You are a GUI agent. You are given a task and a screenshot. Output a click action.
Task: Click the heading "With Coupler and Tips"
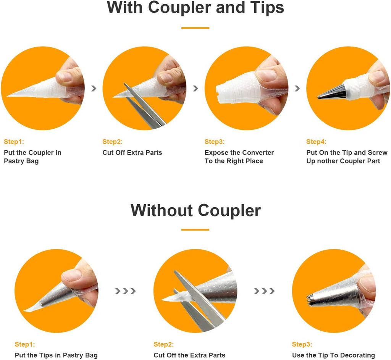195,8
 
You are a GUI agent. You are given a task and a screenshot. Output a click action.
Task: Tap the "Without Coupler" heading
195,210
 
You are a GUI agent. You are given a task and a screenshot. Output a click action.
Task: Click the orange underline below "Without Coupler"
195,229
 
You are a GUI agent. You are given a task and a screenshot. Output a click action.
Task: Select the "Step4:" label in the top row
316,142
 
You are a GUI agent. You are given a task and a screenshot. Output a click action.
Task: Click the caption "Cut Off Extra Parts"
132,153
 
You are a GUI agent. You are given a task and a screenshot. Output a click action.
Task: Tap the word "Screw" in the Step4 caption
378,153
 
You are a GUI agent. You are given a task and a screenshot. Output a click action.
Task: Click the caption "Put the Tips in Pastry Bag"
56,355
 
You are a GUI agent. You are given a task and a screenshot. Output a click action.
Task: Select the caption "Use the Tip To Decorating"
333,355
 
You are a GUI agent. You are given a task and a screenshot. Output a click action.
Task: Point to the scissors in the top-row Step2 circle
145,107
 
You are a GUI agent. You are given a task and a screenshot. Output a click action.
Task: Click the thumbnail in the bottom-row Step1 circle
71,276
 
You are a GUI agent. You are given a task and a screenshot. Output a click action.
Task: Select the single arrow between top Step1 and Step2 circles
94,88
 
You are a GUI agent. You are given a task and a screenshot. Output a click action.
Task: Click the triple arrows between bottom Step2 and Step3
264,291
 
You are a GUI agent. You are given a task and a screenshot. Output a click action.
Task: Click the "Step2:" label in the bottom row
163,344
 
